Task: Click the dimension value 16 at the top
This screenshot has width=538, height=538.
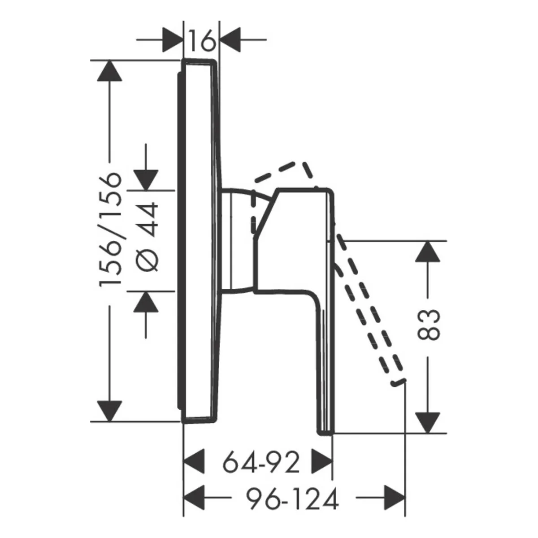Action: pyautogui.click(x=202, y=40)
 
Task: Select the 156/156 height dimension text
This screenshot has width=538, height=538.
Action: pyautogui.click(x=111, y=230)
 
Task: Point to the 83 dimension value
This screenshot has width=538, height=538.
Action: pyautogui.click(x=428, y=325)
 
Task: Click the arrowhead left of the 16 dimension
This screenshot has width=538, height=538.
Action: pyautogui.click(x=173, y=39)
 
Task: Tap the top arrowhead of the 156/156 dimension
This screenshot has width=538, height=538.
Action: pyautogui.click(x=109, y=71)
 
